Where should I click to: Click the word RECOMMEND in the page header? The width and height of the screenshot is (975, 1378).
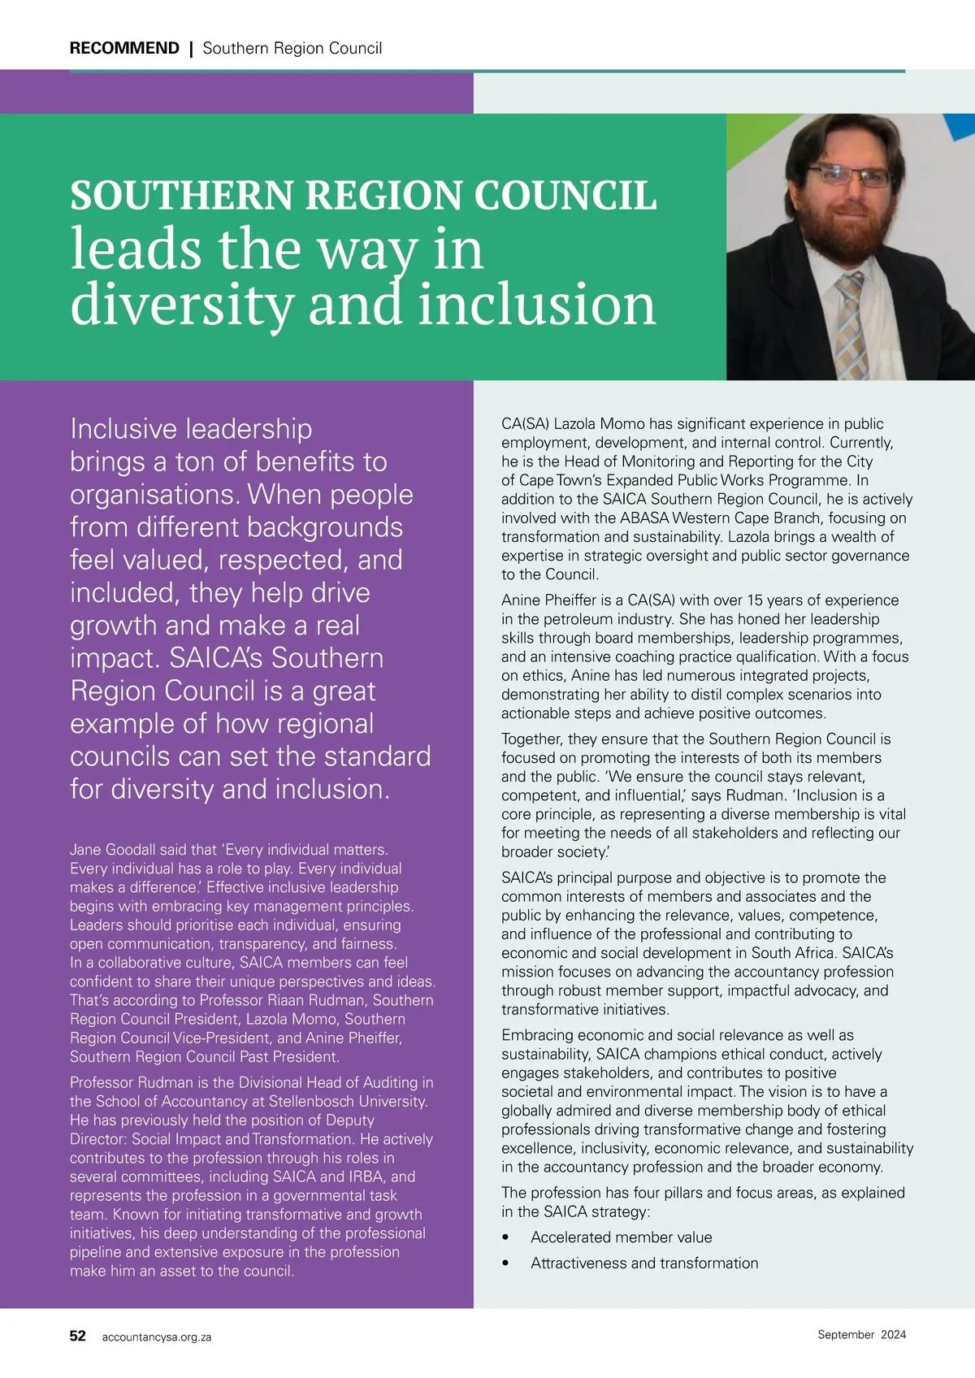click(124, 48)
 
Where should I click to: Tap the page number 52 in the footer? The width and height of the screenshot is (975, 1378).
click(78, 1336)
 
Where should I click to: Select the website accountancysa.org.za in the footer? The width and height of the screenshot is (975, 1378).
click(157, 1337)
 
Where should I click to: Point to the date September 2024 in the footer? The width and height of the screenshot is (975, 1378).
click(861, 1334)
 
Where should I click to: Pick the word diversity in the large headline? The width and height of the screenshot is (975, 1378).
click(182, 305)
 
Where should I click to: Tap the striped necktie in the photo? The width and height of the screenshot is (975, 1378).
click(851, 325)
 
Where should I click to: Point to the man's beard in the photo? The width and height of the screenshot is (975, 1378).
click(845, 227)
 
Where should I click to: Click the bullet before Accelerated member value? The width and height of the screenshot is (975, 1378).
click(505, 1237)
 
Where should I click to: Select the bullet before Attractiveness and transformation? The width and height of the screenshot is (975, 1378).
click(505, 1263)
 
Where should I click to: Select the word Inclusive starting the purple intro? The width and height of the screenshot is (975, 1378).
click(123, 429)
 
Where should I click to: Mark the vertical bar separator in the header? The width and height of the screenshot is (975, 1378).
click(191, 48)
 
